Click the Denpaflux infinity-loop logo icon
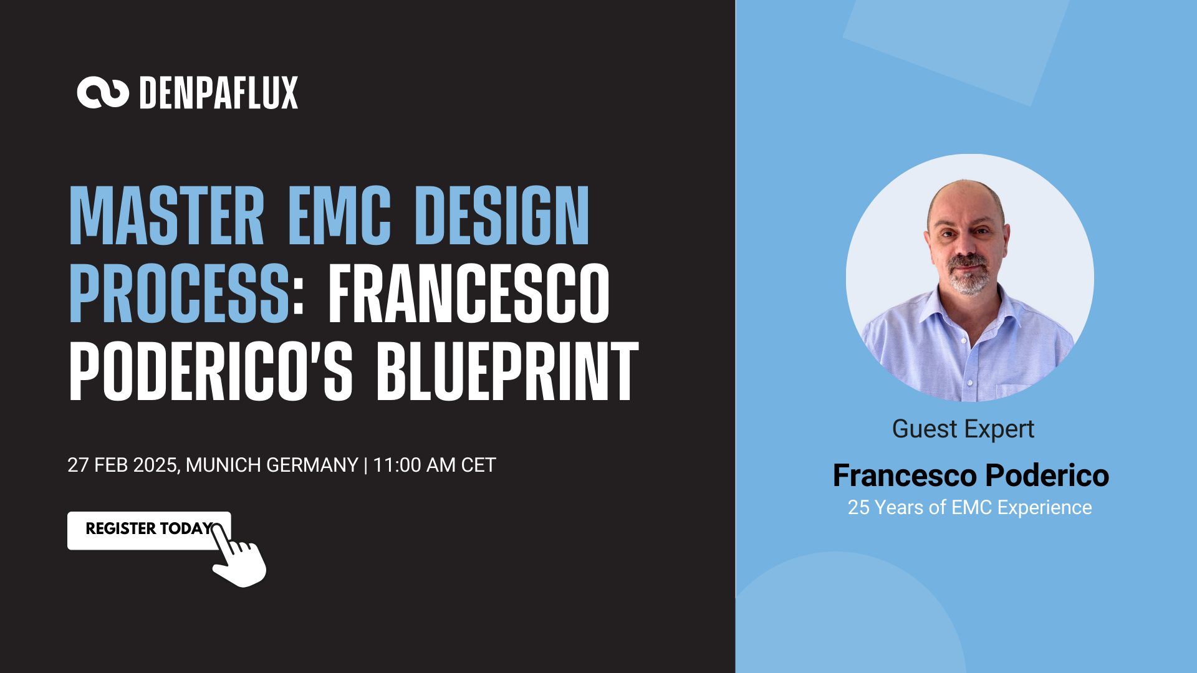[x=103, y=93]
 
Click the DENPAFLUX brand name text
[x=219, y=93]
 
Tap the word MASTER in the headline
[x=167, y=215]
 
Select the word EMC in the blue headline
[x=340, y=215]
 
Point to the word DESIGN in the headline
[x=502, y=215]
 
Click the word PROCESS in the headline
[x=180, y=293]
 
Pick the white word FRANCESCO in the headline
[x=469, y=293]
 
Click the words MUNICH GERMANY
[x=272, y=465]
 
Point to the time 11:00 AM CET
[x=435, y=465]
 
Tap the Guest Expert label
[x=963, y=429]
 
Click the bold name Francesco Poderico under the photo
[x=971, y=475]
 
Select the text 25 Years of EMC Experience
[x=969, y=507]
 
